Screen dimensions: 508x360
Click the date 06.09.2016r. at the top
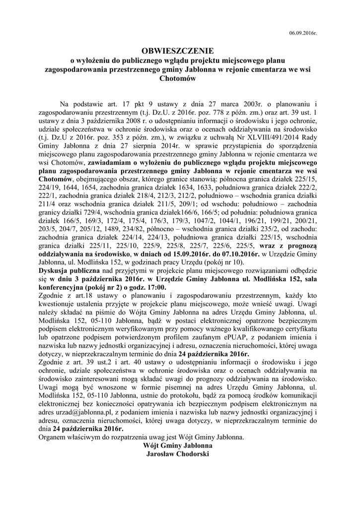point(302,33)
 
